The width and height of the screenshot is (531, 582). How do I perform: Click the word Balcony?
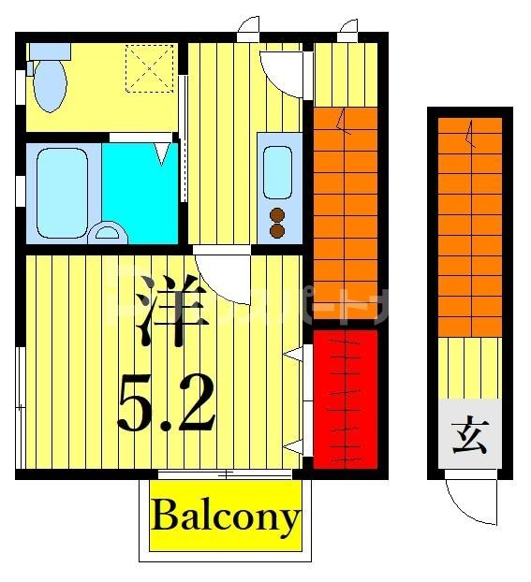226,517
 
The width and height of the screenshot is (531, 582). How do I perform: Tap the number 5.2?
166,401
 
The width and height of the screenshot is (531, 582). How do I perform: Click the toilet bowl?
51,87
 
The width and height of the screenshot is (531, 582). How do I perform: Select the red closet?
344,399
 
